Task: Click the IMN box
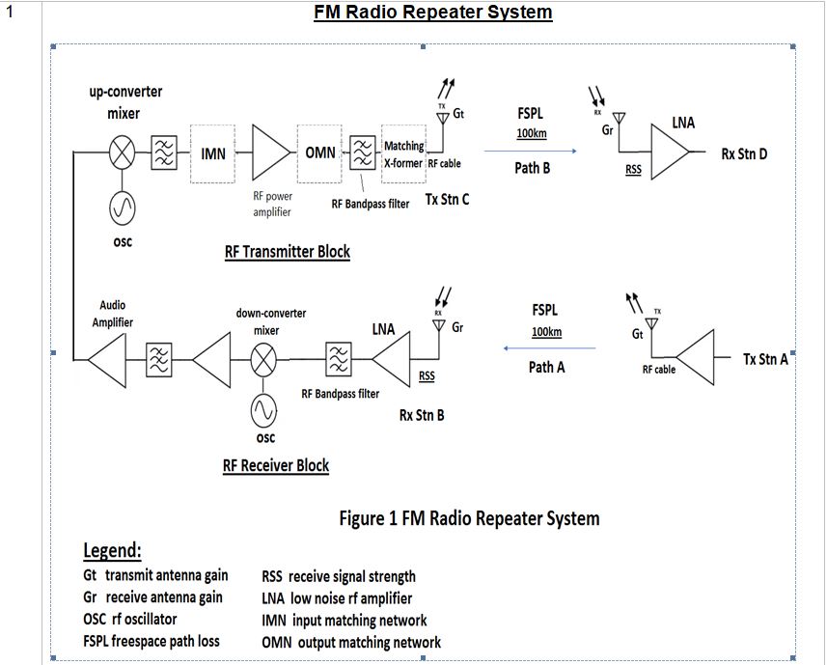(x=213, y=153)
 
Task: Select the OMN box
(x=320, y=153)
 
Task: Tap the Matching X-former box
(x=403, y=153)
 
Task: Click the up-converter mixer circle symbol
(x=122, y=152)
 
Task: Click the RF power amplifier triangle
(x=269, y=152)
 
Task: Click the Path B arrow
(x=530, y=151)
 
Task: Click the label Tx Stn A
(x=765, y=359)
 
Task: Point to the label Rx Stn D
(x=743, y=153)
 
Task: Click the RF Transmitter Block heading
(x=287, y=252)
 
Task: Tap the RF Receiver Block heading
(x=275, y=465)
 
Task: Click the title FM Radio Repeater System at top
(x=432, y=13)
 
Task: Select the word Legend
(x=112, y=551)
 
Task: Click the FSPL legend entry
(x=151, y=641)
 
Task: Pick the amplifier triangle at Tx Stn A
(x=695, y=359)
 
